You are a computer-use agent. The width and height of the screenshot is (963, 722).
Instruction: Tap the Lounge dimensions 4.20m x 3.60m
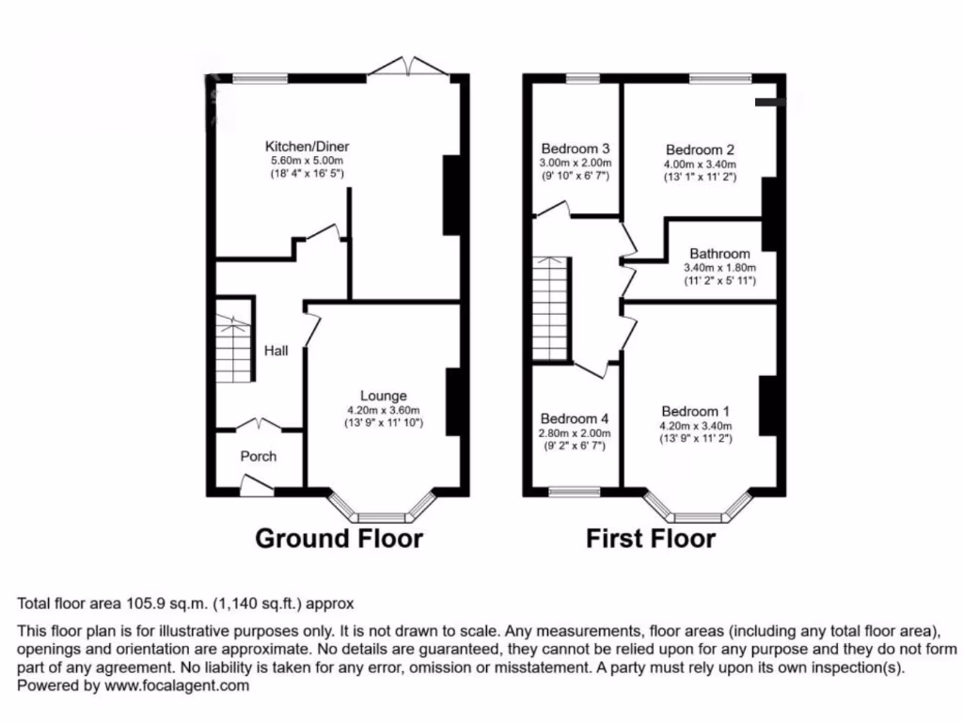coord(383,410)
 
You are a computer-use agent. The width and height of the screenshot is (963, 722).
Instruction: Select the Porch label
coord(259,457)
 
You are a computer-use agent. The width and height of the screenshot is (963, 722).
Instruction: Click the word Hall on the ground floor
coord(276,351)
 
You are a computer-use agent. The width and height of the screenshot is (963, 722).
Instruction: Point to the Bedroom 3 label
coord(576,149)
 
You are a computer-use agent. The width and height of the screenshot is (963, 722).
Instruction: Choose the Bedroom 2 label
coord(700,149)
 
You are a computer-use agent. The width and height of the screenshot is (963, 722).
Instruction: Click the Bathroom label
coord(719,254)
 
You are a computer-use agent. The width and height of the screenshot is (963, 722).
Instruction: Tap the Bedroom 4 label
coord(576,418)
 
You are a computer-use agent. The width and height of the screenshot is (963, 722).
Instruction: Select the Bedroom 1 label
coord(696,412)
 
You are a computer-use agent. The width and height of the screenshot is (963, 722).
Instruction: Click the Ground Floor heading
coord(339,539)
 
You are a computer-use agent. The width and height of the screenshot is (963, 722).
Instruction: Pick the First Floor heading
coord(650,539)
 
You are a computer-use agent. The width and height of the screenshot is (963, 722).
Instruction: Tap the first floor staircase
coord(550,309)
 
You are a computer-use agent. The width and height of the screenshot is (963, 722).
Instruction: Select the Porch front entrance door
coord(256,485)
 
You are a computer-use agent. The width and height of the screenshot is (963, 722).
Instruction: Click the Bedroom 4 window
coord(575,491)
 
